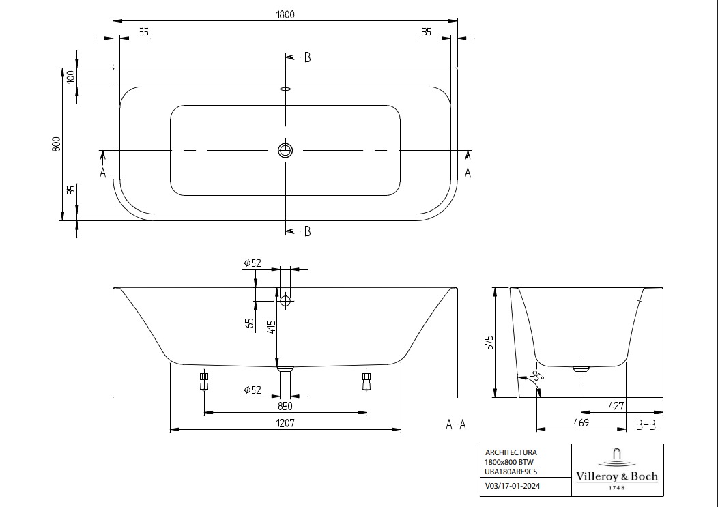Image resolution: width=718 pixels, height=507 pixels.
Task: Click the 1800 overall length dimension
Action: pyautogui.click(x=285, y=15)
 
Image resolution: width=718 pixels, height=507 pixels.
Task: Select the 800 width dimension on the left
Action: pyautogui.click(x=57, y=144)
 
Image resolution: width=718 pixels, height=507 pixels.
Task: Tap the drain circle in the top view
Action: pyautogui.click(x=285, y=149)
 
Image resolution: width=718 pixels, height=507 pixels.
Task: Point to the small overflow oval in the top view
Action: pyautogui.click(x=285, y=87)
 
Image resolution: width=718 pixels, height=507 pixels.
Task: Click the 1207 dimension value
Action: pyautogui.click(x=285, y=422)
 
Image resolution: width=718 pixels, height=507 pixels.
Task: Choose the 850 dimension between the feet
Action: pyautogui.click(x=285, y=405)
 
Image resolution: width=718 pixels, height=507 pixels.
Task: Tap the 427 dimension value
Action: pyautogui.click(x=616, y=405)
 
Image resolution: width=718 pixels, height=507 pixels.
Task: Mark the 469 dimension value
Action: pyautogui.click(x=581, y=422)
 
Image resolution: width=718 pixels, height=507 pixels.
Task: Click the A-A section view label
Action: pyautogui.click(x=455, y=424)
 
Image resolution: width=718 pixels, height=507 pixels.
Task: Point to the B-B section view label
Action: pyautogui.click(x=645, y=424)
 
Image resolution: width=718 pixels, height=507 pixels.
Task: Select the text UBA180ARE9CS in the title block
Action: pyautogui.click(x=511, y=471)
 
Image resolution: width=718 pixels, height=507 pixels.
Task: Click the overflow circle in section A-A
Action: pyautogui.click(x=285, y=300)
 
